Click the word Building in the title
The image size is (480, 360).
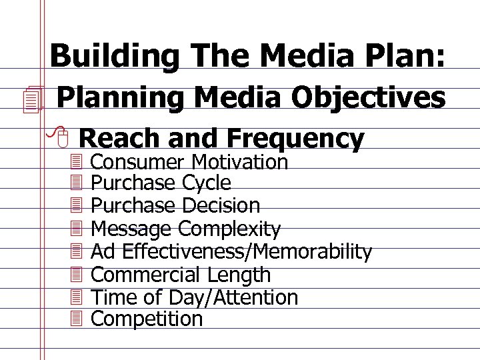(x=107, y=56)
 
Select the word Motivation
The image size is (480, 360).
(x=240, y=162)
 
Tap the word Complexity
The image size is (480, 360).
(x=229, y=229)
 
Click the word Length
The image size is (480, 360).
(x=239, y=275)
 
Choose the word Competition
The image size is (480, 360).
(x=147, y=319)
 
